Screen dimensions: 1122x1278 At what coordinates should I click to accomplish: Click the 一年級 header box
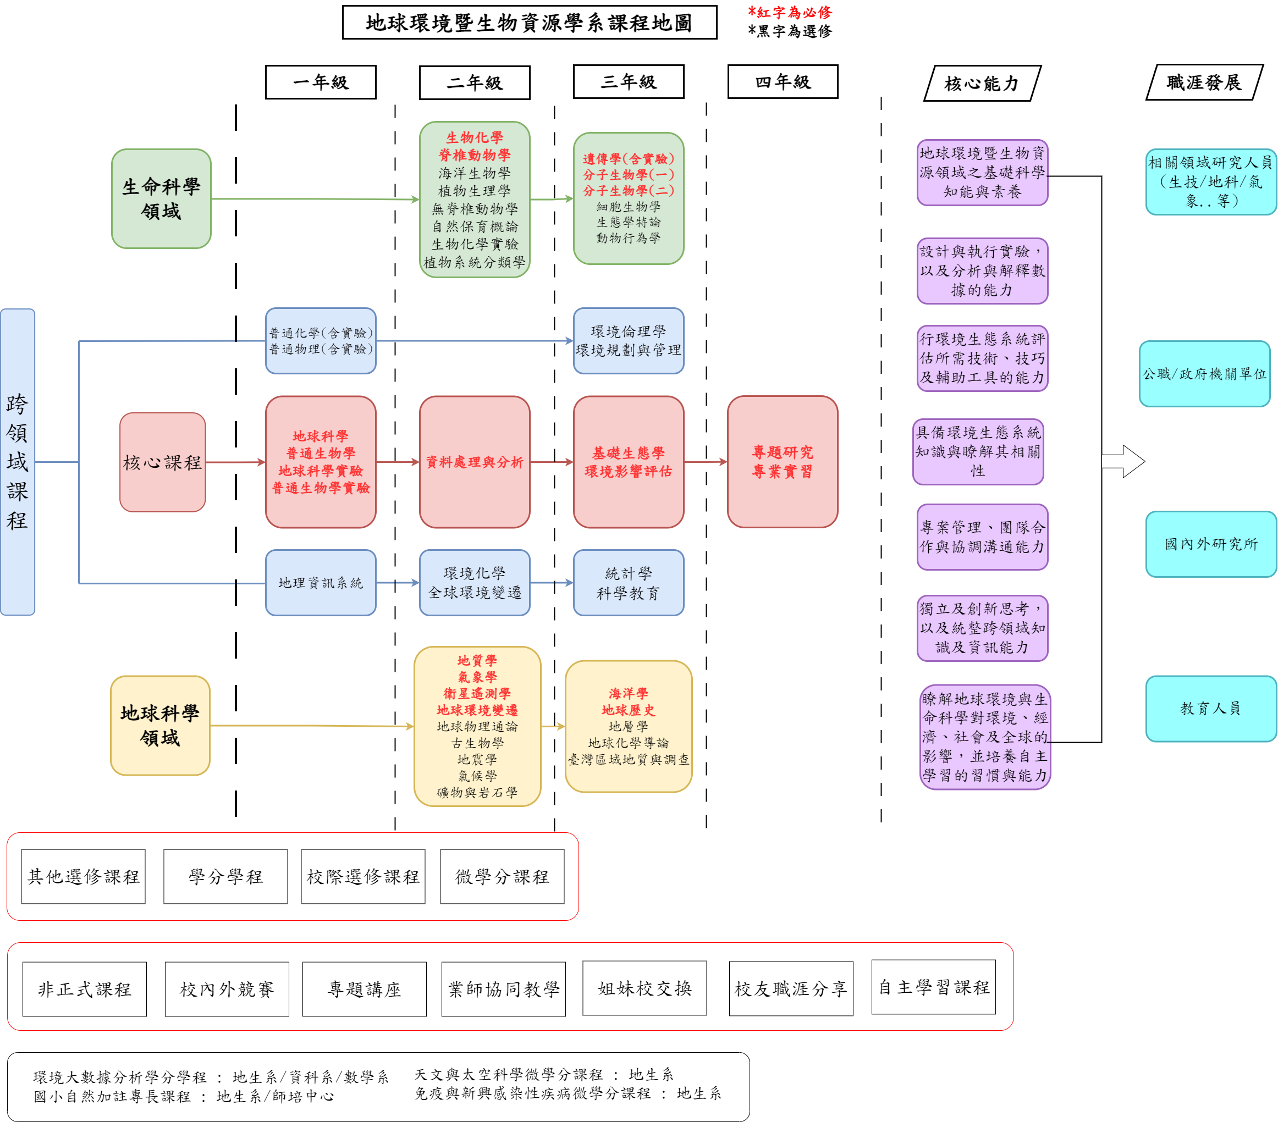[x=320, y=82]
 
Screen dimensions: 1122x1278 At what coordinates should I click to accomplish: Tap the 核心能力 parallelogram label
[x=982, y=83]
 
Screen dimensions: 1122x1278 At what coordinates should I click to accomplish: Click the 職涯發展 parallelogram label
[x=1204, y=82]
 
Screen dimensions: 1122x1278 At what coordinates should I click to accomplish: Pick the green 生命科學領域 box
[x=161, y=199]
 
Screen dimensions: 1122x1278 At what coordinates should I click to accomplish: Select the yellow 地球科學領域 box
[x=160, y=725]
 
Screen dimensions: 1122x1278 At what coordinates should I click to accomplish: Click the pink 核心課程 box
[x=163, y=462]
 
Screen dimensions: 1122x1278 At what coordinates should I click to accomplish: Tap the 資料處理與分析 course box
[x=475, y=462]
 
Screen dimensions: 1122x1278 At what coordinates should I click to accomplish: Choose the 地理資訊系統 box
[x=320, y=583]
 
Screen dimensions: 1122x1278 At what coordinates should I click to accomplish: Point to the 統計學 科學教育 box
[x=629, y=583]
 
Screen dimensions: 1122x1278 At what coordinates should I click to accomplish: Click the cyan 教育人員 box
[x=1210, y=708]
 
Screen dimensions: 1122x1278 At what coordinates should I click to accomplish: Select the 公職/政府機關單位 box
[x=1204, y=374]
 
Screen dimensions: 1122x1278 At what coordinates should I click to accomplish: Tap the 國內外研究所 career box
[x=1210, y=544]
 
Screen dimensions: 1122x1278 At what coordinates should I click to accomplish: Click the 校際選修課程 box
[x=362, y=876]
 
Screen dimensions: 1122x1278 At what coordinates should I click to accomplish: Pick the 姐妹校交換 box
[x=644, y=988]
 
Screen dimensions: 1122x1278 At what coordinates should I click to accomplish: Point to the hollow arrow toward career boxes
[x=1123, y=461]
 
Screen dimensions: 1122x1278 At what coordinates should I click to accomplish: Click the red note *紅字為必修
[x=790, y=13]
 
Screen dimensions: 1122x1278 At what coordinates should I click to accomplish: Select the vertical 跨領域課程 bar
[x=18, y=462]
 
